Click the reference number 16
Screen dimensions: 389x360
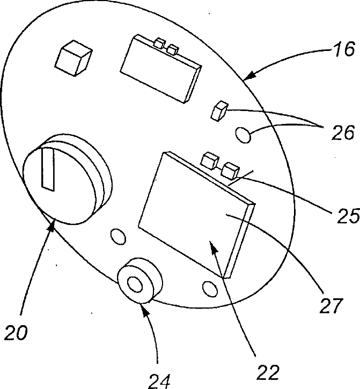coord(342,50)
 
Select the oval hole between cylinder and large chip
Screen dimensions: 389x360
coord(116,236)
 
